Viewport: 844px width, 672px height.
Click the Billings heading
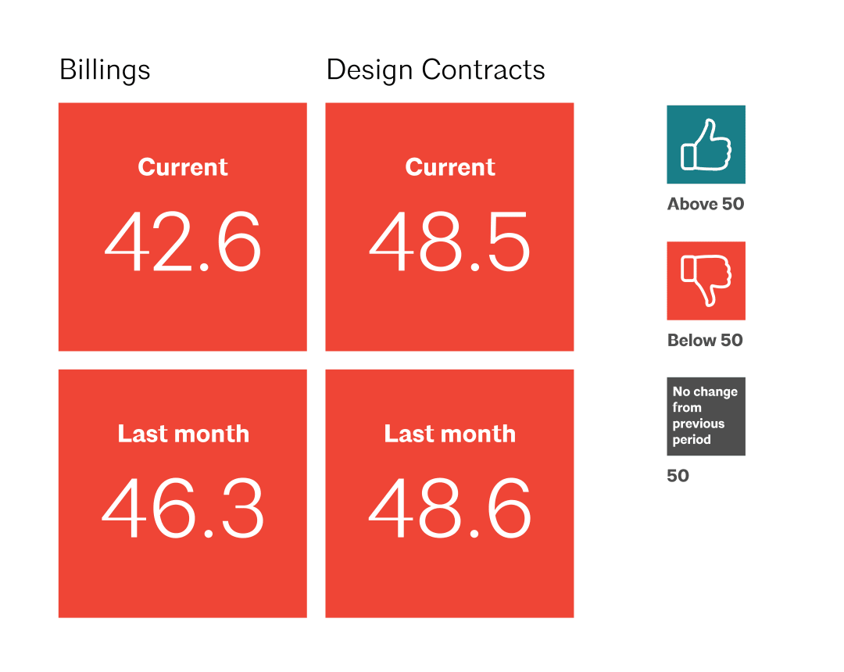(x=105, y=70)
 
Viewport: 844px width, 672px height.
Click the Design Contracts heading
(x=435, y=70)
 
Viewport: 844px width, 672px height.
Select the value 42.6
(x=183, y=242)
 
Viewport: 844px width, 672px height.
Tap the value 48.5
(x=450, y=242)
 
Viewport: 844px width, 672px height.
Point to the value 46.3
(x=183, y=510)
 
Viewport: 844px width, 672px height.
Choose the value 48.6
(x=450, y=510)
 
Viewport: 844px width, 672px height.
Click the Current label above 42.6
(x=183, y=167)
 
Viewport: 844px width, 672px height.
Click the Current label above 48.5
(x=450, y=167)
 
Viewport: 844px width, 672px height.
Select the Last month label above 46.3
(x=183, y=434)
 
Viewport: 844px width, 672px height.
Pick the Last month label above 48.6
(x=450, y=434)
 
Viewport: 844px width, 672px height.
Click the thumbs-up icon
(x=706, y=145)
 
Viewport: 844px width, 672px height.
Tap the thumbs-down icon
(x=706, y=281)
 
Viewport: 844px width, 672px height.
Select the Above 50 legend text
(x=706, y=205)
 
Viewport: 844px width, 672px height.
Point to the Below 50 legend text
(x=705, y=341)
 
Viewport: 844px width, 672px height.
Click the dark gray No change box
(x=706, y=416)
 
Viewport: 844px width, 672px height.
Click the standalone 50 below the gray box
(x=678, y=476)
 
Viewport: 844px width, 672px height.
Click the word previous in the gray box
(x=698, y=424)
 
